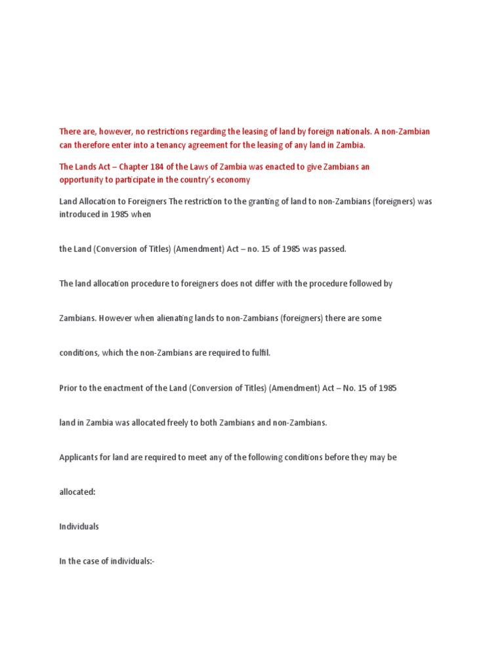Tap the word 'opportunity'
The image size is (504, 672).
point(81,180)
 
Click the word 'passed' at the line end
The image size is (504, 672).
point(331,249)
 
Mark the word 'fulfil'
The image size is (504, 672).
point(259,353)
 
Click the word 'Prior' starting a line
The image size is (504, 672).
point(69,388)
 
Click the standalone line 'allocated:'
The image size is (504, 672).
point(77,492)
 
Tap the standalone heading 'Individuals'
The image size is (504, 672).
point(79,527)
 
